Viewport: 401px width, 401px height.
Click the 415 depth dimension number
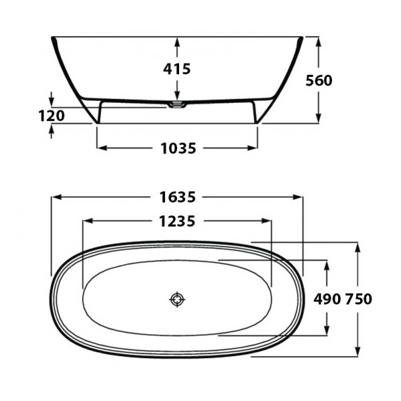[177, 69]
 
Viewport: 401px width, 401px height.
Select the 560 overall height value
[319, 81]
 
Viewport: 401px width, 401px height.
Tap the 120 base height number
[51, 116]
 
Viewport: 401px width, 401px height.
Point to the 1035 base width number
[178, 148]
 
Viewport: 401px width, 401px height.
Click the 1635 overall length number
[178, 197]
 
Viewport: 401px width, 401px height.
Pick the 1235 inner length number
[177, 221]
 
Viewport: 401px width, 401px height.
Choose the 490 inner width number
[327, 299]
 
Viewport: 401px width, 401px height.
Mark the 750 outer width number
[358, 299]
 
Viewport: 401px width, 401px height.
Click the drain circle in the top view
[177, 299]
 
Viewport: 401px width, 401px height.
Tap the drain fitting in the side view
[177, 105]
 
